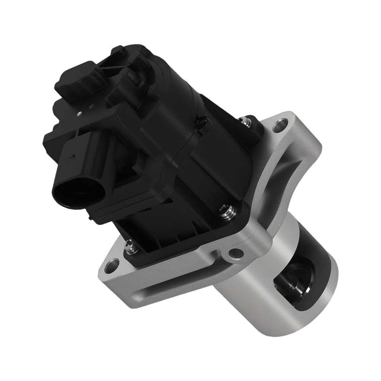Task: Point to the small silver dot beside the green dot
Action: coord(79,113)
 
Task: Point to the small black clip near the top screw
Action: coord(202,122)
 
